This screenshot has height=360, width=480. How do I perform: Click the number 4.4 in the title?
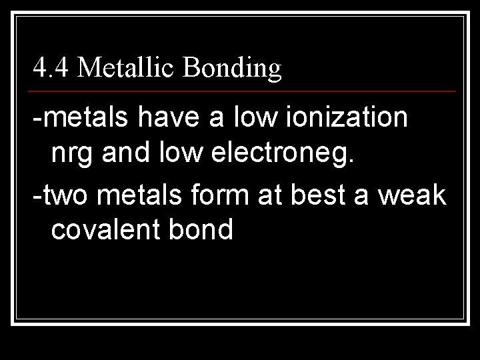pyautogui.click(x=51, y=68)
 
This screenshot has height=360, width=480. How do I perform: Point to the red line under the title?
pyautogui.click(x=244, y=91)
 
